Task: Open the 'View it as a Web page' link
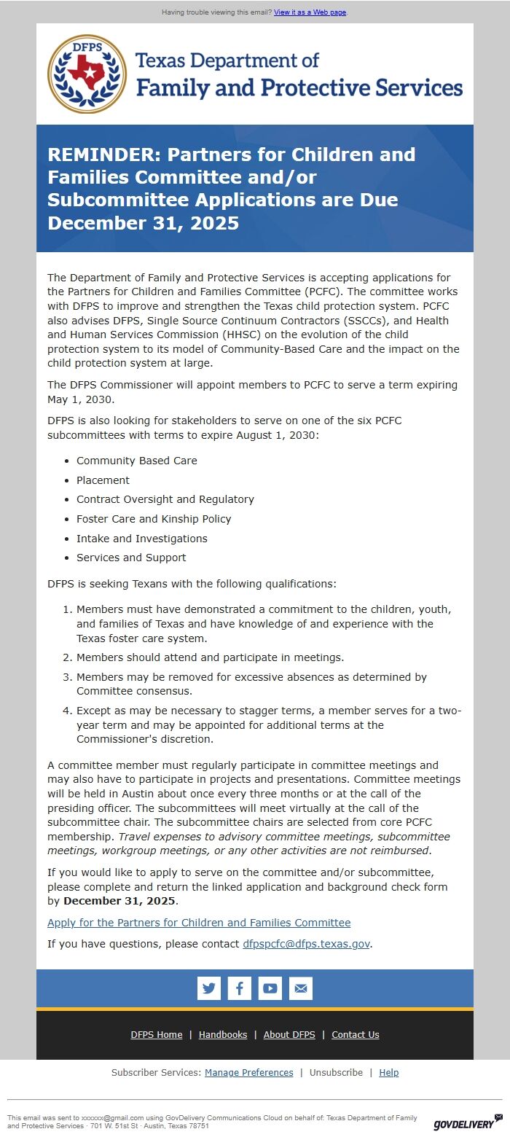tap(310, 12)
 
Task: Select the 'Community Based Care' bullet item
tap(136, 461)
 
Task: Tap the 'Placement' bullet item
tap(103, 480)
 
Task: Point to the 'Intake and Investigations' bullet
tap(141, 539)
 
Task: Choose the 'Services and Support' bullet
tap(131, 558)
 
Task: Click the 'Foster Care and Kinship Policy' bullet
tap(154, 519)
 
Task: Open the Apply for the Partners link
tap(199, 923)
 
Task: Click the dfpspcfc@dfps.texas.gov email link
tap(306, 944)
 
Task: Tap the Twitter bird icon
tap(209, 988)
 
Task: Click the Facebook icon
tap(240, 988)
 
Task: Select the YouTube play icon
tap(270, 988)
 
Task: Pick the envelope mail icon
tap(301, 988)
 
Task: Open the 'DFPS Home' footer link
tap(157, 1035)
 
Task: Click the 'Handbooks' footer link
tap(223, 1035)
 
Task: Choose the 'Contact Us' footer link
tap(356, 1035)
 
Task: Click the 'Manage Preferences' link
tap(248, 1073)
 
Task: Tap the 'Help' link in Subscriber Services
tap(389, 1073)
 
